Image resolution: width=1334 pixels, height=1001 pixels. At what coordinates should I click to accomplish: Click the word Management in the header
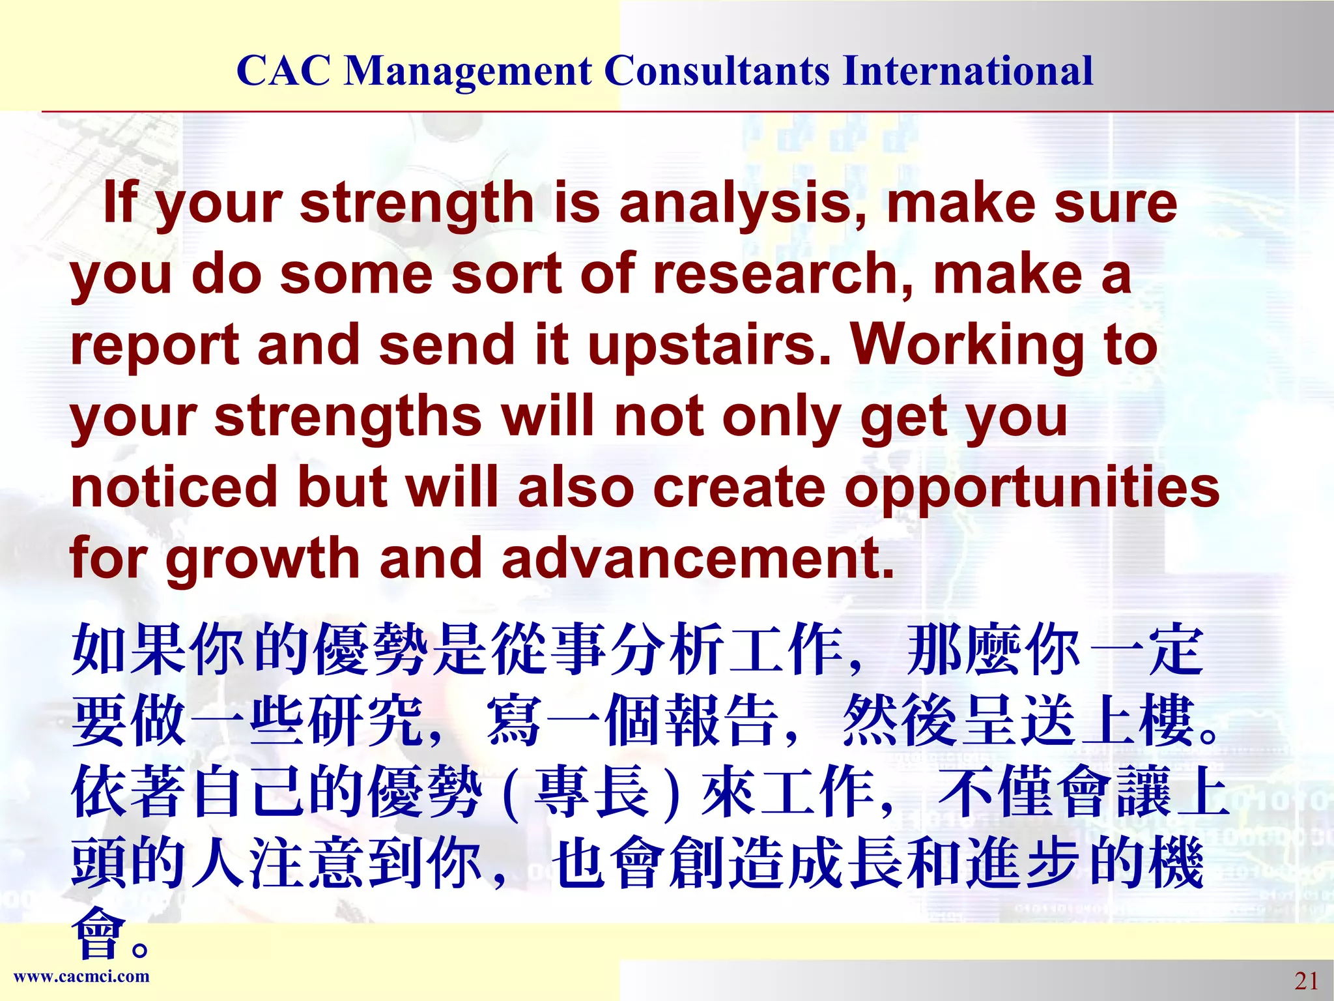point(468,72)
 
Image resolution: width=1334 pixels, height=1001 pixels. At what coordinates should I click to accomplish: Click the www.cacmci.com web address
point(81,976)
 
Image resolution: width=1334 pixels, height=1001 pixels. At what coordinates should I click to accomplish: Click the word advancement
point(697,559)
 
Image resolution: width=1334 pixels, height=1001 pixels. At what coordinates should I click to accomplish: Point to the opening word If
point(121,203)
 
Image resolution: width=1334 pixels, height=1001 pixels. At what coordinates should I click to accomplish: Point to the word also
point(576,487)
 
